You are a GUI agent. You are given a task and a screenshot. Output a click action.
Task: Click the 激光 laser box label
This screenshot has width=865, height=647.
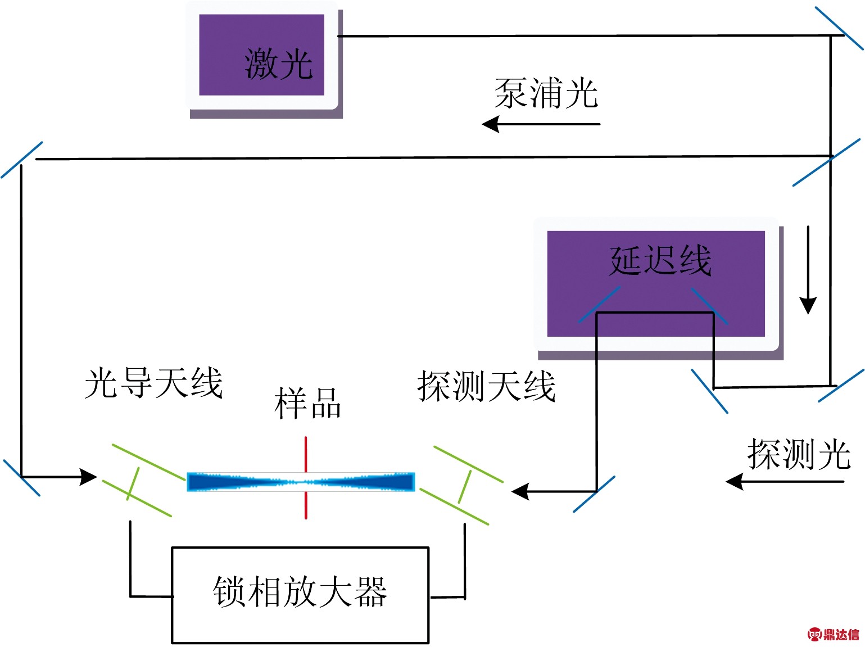pyautogui.click(x=279, y=64)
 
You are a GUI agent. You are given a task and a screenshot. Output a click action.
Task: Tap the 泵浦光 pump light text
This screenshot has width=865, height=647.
pyautogui.click(x=546, y=93)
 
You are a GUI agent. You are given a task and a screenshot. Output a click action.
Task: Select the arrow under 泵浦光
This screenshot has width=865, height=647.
pyautogui.click(x=541, y=124)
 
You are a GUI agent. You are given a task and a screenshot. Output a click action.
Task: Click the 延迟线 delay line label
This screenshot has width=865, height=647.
pyautogui.click(x=660, y=260)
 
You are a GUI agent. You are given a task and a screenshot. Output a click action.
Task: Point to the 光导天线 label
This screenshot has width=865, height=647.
pyautogui.click(x=153, y=383)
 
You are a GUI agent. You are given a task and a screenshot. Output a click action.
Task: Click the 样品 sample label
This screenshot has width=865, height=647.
pyautogui.click(x=307, y=402)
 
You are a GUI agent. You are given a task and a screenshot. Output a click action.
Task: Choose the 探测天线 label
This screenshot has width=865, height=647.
pyautogui.click(x=486, y=386)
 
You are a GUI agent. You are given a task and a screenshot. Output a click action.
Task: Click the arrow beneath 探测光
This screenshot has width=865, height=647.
pyautogui.click(x=785, y=482)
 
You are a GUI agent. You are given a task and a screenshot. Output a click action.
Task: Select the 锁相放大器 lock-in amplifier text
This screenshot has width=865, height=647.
pyautogui.click(x=300, y=591)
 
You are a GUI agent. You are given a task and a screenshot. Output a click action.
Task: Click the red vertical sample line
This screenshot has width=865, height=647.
pyautogui.click(x=306, y=478)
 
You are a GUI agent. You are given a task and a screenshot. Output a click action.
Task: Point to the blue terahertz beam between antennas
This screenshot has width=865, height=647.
pyautogui.click(x=301, y=482)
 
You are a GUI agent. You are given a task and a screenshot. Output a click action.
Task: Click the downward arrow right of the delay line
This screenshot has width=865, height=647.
pyautogui.click(x=808, y=270)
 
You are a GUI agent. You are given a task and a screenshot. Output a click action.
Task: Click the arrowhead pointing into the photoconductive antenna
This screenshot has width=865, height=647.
pyautogui.click(x=88, y=477)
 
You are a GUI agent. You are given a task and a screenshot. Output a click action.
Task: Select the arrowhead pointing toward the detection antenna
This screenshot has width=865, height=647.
pyautogui.click(x=520, y=491)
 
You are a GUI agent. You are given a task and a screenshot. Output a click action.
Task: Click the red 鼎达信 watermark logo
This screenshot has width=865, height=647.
pyautogui.click(x=833, y=635)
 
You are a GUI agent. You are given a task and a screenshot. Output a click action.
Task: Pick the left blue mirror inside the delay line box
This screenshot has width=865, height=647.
pyautogui.click(x=599, y=305)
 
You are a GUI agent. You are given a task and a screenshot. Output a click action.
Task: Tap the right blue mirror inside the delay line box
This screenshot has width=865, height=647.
pyautogui.click(x=709, y=306)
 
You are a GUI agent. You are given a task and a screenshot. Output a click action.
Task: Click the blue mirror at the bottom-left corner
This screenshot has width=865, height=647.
pyautogui.click(x=22, y=478)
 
